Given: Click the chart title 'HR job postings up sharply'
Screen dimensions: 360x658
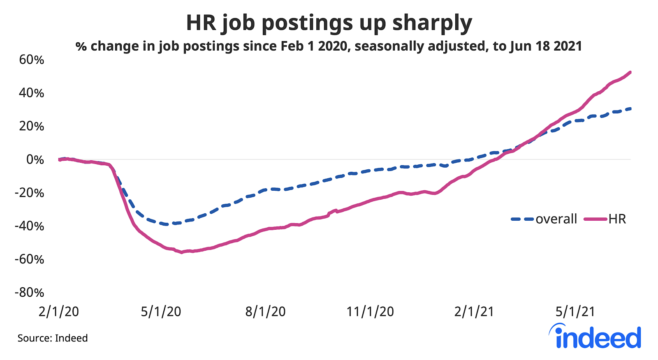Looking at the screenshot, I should point(329,23).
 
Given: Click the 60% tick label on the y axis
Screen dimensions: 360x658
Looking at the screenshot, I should point(31,60).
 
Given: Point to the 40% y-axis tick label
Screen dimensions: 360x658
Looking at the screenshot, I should point(31,93).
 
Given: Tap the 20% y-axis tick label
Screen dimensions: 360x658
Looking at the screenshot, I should point(31,127).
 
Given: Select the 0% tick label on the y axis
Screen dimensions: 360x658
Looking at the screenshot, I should point(35,160).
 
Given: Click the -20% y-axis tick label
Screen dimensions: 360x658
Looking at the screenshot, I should point(29,193).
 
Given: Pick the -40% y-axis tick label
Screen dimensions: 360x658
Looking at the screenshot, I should point(29,226).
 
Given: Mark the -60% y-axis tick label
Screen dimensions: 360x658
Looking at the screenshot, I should point(29,260).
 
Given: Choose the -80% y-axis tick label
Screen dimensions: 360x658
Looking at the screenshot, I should point(29,293).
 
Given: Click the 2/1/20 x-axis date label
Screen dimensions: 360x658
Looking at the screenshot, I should point(59,312).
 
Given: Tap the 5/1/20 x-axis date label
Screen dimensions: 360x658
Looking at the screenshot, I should point(161,312).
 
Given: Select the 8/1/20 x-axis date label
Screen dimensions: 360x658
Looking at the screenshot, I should point(265,312).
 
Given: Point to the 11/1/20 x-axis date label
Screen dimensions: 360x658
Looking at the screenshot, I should point(370,312).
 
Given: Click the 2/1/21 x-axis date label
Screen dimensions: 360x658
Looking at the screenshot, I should point(474,312).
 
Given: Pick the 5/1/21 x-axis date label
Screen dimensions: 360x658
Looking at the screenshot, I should point(575,312).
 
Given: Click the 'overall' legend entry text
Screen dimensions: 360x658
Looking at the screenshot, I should point(556,219).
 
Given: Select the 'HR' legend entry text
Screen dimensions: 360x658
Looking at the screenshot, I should point(617,219).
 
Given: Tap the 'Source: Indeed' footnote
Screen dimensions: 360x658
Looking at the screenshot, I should point(53,338).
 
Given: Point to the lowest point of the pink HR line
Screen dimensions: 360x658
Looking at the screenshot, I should point(181,252).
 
